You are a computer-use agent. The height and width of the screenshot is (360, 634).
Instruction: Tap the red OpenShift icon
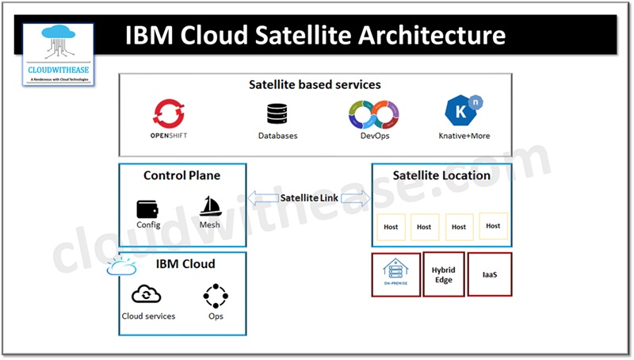(169, 113)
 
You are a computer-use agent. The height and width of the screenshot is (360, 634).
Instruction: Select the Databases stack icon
(277, 114)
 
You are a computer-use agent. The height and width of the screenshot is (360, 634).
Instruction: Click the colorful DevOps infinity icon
(374, 113)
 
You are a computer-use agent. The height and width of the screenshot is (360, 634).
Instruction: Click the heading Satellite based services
(315, 84)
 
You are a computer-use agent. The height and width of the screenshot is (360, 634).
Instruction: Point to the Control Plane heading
(181, 175)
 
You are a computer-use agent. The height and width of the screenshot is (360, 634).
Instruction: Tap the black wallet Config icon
(148, 208)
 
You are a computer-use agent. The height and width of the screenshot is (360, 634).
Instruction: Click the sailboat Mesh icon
(210, 206)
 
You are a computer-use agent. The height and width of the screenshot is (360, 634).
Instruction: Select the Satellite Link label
(310, 197)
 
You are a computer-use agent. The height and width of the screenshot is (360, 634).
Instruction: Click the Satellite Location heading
(441, 175)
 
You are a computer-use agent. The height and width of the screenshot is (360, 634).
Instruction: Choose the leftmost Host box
(390, 227)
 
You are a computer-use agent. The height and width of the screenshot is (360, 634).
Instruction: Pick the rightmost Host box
(493, 226)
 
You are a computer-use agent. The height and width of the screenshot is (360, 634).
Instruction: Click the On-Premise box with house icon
(395, 274)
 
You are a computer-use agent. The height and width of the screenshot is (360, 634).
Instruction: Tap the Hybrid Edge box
(443, 274)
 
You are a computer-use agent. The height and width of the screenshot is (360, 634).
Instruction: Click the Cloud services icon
(147, 295)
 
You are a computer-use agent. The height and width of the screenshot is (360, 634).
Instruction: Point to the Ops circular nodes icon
(216, 296)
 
